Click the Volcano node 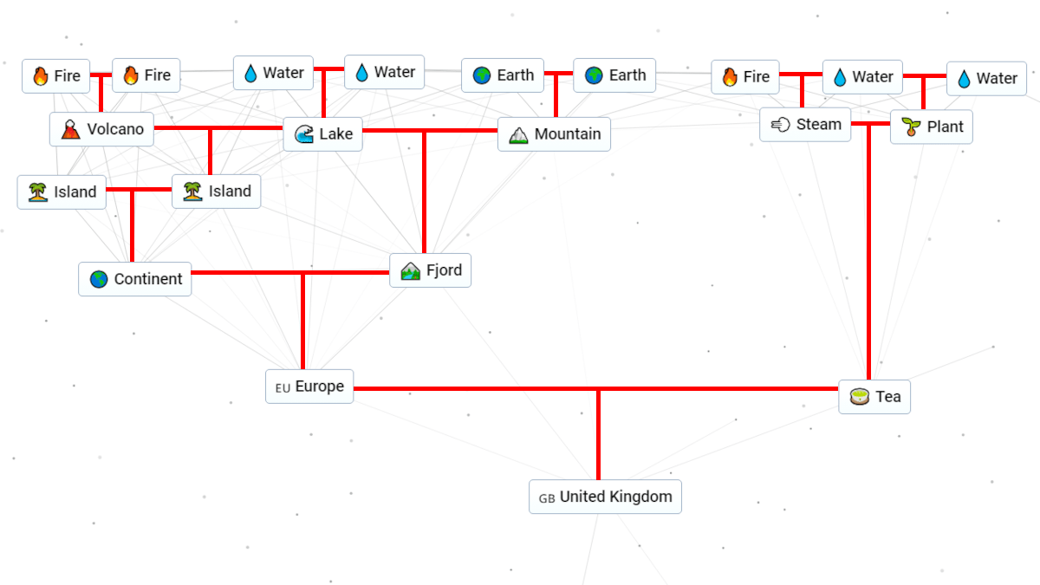pos(101,130)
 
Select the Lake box pos(322,134)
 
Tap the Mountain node pos(554,134)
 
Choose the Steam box pos(805,125)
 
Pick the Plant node pos(931,127)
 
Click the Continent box pos(134,279)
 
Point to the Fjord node pos(430,270)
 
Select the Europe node pos(309,387)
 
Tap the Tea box pos(874,397)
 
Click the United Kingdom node pos(605,497)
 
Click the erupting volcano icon pos(71,130)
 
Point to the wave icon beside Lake pos(303,134)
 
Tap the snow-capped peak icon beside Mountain pos(518,134)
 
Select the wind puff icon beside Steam pos(780,125)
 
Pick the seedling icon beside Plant pos(911,127)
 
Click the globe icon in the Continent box pos(99,279)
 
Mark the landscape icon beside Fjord pos(410,271)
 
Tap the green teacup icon pos(859,397)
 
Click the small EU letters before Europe pos(283,388)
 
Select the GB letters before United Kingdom pos(547,498)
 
